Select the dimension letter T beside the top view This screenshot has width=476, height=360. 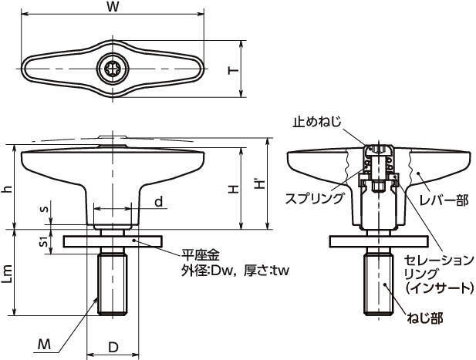coord(233,70)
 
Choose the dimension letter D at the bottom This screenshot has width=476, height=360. coord(113,348)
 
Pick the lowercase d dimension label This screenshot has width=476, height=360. coord(157,202)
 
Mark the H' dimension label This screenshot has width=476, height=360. coord(261,185)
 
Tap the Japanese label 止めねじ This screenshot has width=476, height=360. coord(317,121)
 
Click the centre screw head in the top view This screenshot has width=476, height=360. coord(113,69)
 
